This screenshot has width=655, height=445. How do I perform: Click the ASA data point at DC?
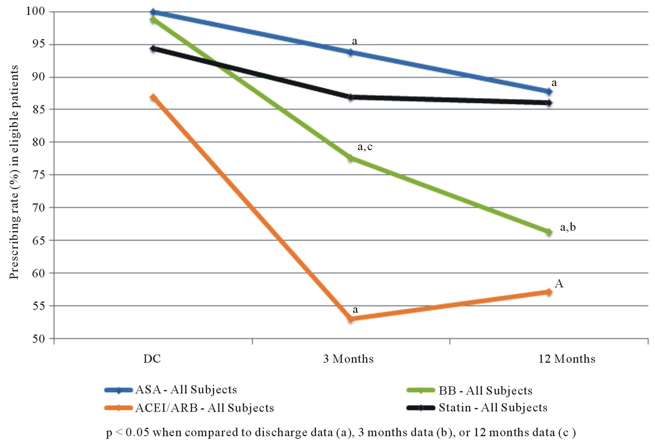153,12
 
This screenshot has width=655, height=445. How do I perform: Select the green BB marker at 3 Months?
351,158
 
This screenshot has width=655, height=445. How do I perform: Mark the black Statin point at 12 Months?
549,103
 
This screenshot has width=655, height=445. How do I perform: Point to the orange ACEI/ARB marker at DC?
153,97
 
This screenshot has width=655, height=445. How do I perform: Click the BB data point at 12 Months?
549,232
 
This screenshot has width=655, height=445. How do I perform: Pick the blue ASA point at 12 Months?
549,91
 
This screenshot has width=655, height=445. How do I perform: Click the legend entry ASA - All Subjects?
171,390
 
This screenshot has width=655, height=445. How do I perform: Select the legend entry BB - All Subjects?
469,391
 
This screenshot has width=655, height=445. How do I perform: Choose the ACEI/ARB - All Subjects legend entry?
189,408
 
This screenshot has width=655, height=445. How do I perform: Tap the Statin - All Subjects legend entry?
477,408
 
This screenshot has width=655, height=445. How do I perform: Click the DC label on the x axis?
152,359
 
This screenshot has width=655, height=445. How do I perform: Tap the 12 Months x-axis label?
567,359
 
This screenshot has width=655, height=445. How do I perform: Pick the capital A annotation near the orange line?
559,283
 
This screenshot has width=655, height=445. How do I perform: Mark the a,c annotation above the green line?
365,147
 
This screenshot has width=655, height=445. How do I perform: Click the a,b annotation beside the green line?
568,227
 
